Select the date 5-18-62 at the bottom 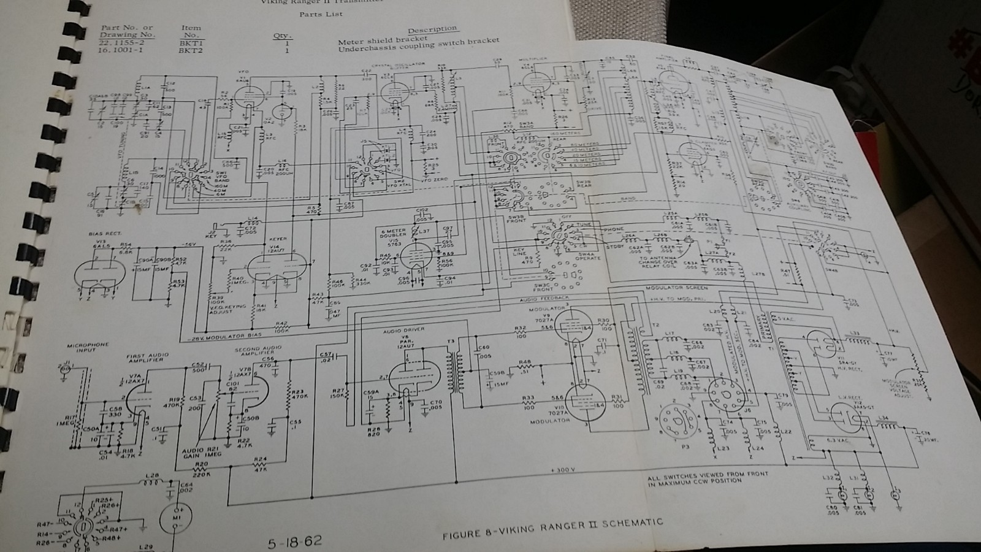(294, 542)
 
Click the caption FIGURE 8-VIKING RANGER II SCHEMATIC (552, 529)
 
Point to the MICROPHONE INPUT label (88, 347)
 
